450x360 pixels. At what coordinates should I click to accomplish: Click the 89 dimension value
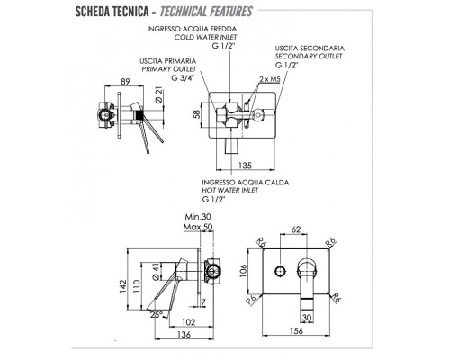coord(125,81)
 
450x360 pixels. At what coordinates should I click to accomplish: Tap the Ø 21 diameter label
coord(159,95)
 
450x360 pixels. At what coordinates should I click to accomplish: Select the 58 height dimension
coord(197,114)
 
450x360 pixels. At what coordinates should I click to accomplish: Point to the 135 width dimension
coord(245,165)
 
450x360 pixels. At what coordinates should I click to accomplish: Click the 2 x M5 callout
coord(270,79)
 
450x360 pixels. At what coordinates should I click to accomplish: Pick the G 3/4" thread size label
coord(183,77)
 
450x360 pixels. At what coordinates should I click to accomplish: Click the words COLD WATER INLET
coord(205,37)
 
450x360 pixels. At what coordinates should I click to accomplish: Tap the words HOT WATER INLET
coord(230,190)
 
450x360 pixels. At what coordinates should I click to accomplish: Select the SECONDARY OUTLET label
coord(309,56)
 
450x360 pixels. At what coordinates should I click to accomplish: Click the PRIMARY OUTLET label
coord(169,69)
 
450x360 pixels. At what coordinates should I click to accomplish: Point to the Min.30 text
coord(198,216)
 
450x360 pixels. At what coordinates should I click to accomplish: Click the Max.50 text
coord(198,227)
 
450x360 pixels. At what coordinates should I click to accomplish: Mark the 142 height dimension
coord(123,286)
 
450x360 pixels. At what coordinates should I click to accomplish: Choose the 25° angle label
coord(157,314)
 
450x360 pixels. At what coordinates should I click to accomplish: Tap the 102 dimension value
coord(189,322)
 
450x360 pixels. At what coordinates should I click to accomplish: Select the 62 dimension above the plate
coord(296,229)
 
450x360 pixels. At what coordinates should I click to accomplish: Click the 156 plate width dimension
coord(296,330)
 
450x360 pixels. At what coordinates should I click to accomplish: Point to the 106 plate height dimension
coord(243,271)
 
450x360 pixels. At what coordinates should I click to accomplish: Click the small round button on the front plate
coord(280,271)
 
